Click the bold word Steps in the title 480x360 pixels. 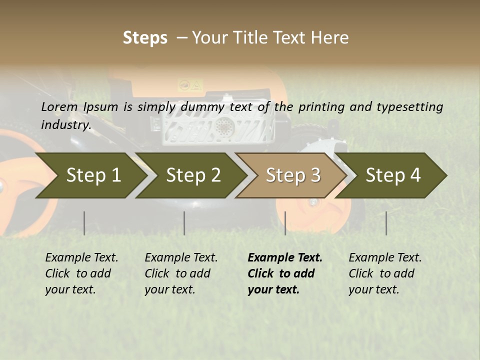145,38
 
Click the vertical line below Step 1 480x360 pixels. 84,223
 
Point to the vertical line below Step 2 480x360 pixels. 184,223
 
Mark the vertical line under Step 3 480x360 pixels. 285,223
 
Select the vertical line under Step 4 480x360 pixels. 386,223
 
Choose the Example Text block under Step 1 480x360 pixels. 81,273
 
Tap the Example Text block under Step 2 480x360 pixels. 181,273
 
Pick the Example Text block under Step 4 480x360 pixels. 385,273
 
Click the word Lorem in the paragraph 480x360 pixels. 59,107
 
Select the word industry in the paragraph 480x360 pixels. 65,125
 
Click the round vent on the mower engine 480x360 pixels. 223,126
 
